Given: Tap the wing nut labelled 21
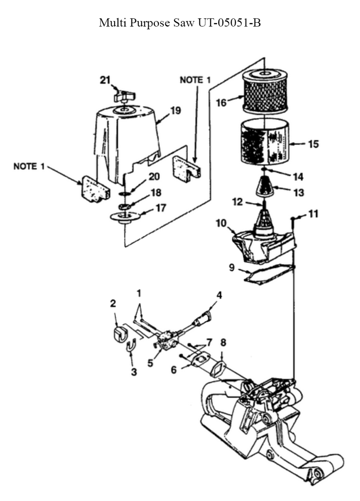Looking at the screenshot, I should pos(124,96).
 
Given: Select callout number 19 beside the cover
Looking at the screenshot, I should pos(175,110).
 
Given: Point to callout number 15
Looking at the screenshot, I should pos(313,144).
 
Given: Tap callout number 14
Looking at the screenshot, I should pos(298,177).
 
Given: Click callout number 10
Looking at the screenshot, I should pos(221,223).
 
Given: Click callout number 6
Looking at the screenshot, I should pos(174,369).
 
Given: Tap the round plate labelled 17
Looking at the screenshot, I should pos(125,217).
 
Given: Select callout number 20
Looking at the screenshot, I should pos(154,177).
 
